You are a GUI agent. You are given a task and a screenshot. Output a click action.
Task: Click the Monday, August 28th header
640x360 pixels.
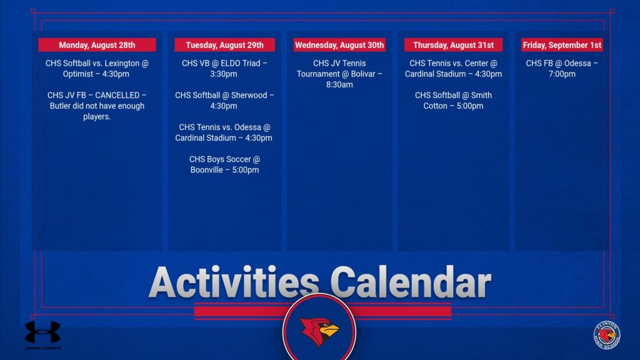tap(97, 45)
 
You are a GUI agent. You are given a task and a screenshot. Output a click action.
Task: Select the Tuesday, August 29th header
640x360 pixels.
tap(224, 45)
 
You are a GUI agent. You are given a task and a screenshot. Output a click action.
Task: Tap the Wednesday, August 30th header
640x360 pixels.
tap(339, 45)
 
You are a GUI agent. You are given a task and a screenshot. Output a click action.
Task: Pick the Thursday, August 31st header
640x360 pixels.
tap(453, 45)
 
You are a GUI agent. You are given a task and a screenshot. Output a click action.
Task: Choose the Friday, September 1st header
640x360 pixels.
tap(562, 45)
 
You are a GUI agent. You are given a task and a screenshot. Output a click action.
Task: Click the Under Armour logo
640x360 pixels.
tap(43, 332)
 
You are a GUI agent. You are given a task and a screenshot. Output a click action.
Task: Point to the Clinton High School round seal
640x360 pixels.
tap(607, 336)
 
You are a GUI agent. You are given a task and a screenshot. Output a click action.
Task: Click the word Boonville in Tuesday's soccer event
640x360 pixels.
tap(206, 170)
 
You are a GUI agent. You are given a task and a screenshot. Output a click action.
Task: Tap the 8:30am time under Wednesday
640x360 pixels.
tap(339, 85)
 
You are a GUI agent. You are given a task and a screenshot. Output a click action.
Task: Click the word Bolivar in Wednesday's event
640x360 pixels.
tap(363, 74)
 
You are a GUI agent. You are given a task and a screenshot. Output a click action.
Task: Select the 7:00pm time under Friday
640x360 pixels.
tap(562, 74)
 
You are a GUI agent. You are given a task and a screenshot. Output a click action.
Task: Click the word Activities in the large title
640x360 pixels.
tap(234, 282)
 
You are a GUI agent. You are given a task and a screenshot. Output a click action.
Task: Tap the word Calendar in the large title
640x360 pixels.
tap(411, 282)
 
